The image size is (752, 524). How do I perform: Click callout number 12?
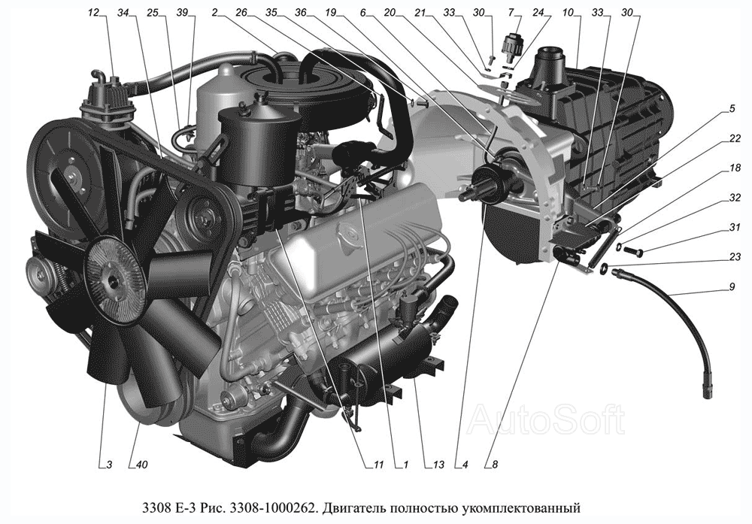[93, 13]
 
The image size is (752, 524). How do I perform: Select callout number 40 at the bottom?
[142, 464]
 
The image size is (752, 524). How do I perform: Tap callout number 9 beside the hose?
[732, 286]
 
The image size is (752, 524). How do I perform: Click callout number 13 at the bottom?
[438, 464]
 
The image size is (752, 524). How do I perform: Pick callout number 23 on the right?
[734, 257]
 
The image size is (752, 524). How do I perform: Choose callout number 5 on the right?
[732, 109]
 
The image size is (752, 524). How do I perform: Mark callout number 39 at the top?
[182, 13]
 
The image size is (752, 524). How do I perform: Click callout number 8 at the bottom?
[495, 464]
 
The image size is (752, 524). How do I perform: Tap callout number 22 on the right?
[734, 138]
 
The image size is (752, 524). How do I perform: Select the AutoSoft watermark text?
[547, 419]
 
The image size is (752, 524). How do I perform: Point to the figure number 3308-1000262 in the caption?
[274, 507]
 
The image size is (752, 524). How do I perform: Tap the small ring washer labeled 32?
[620, 247]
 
